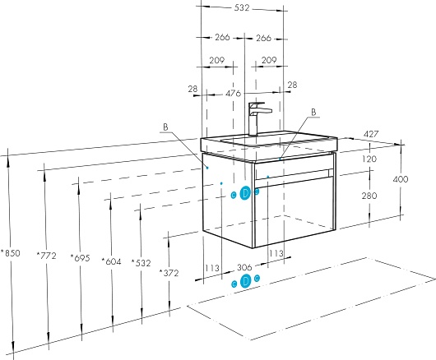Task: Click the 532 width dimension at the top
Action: [x=242, y=8]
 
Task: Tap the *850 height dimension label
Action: [x=11, y=253]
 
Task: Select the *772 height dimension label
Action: [x=46, y=256]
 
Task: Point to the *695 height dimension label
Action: [x=80, y=258]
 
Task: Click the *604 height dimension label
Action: [x=111, y=261]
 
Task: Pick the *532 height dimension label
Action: [x=141, y=262]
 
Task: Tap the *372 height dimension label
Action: [x=169, y=273]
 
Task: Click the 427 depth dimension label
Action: [x=371, y=134]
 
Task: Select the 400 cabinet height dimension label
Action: [x=401, y=179]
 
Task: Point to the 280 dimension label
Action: [x=369, y=196]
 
